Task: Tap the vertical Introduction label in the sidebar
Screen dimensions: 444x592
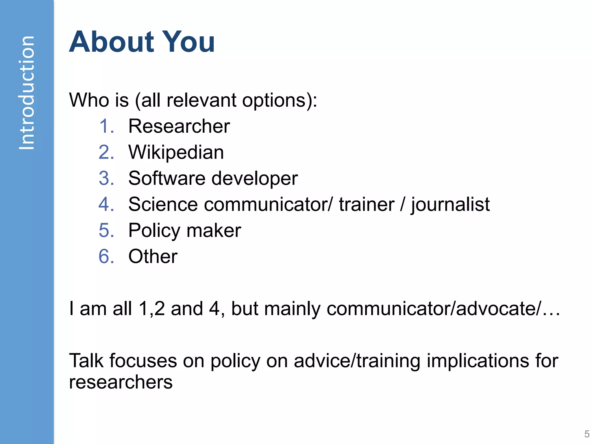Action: pyautogui.click(x=27, y=92)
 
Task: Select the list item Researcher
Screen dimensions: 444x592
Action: pyautogui.click(x=179, y=126)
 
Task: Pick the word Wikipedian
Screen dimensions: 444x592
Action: pyautogui.click(x=176, y=152)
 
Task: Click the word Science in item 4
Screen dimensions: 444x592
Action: pyautogui.click(x=163, y=204)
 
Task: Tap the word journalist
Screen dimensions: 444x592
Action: pyautogui.click(x=450, y=205)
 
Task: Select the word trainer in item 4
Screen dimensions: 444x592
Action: pyautogui.click(x=367, y=204)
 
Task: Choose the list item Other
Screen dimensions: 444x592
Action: pyautogui.click(x=153, y=256)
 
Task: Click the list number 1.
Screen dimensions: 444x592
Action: pyautogui.click(x=106, y=126)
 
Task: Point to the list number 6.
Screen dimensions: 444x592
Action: pyautogui.click(x=106, y=256)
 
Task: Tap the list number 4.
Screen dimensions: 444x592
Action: pyautogui.click(x=106, y=204)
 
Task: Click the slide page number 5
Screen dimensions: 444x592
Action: pyautogui.click(x=587, y=434)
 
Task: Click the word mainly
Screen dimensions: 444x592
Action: pyautogui.click(x=292, y=309)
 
